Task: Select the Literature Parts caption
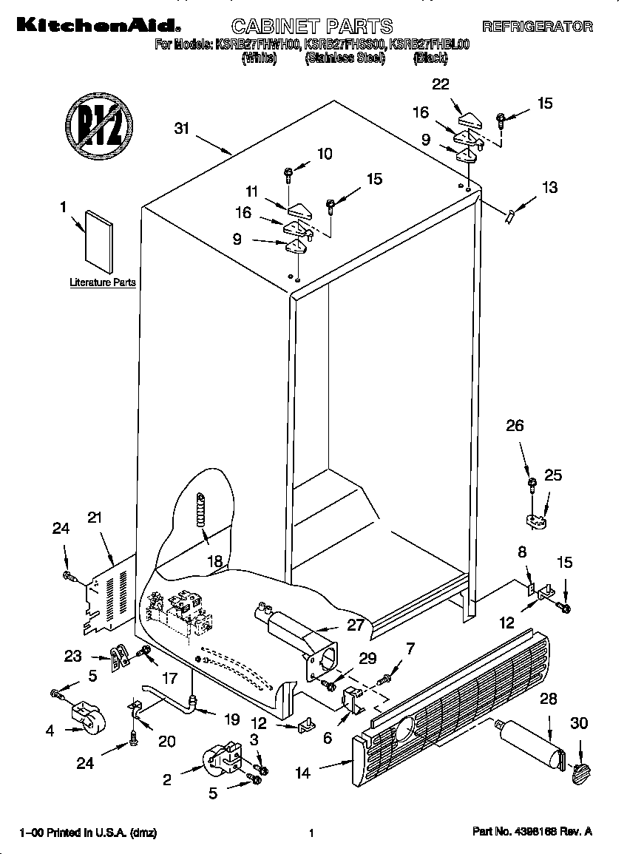point(103,282)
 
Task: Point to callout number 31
point(182,129)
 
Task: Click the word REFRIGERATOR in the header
point(538,27)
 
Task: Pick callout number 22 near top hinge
point(441,84)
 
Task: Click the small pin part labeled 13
point(508,216)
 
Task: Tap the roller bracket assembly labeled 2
point(223,759)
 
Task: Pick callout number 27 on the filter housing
point(356,624)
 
